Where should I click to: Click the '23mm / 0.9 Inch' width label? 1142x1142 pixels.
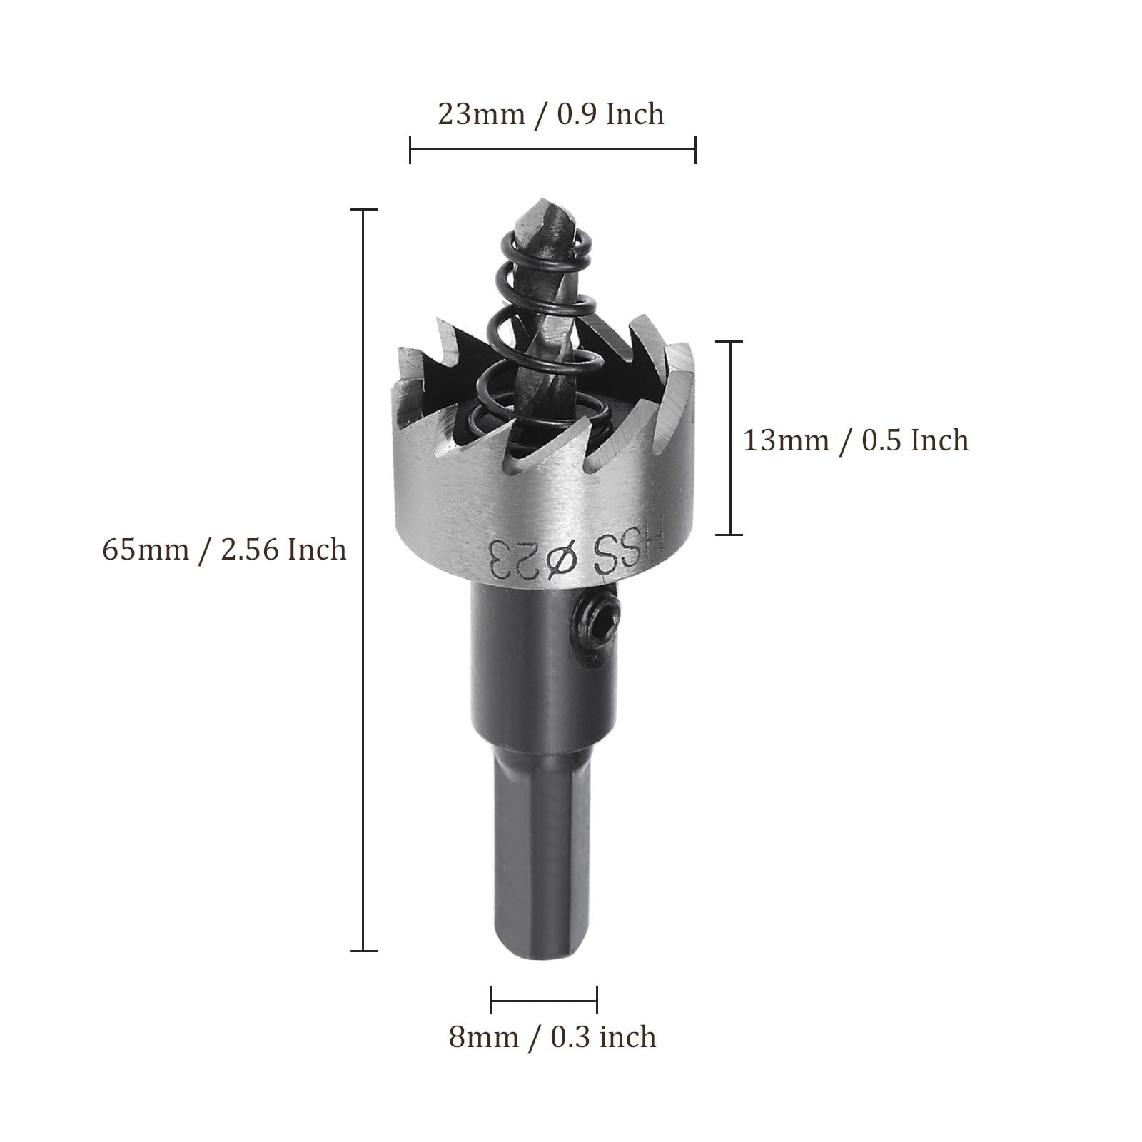click(550, 114)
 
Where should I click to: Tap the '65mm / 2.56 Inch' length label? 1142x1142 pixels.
click(225, 550)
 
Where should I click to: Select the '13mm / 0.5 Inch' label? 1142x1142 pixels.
click(856, 440)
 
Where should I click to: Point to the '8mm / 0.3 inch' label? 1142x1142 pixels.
click(552, 1036)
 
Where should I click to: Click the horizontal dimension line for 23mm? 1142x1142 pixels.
click(552, 149)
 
